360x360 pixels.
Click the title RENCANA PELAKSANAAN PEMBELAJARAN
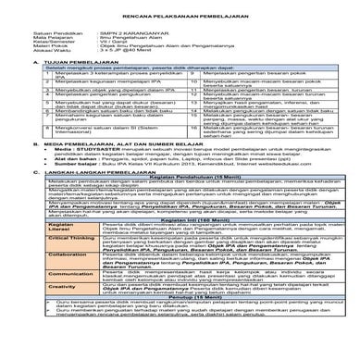180,21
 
